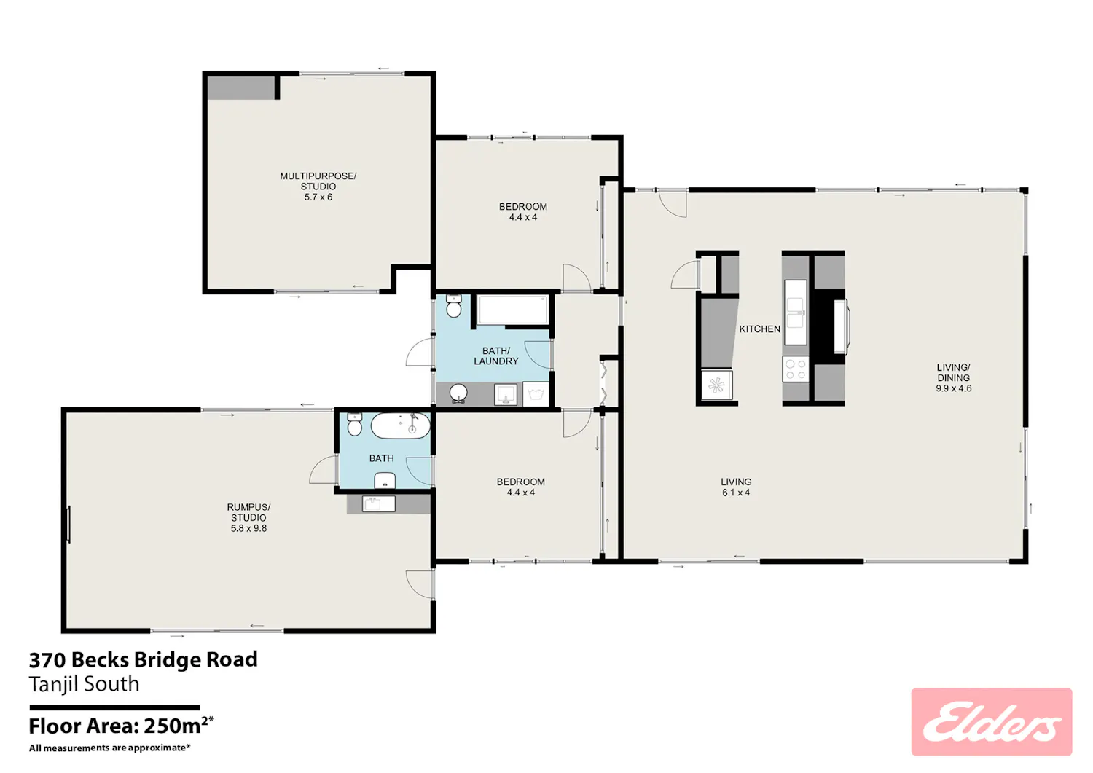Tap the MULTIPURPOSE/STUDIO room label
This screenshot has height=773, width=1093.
click(318, 181)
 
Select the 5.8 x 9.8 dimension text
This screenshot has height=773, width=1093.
click(249, 528)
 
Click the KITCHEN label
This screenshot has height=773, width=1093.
click(759, 329)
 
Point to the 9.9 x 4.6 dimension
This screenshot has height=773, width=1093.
click(953, 388)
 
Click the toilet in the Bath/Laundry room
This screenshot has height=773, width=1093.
click(454, 306)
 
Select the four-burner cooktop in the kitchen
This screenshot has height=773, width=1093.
click(796, 369)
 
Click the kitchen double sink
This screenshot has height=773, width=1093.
click(796, 312)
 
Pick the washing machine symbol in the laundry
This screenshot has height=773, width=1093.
click(536, 393)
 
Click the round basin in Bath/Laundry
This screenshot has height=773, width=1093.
click(458, 393)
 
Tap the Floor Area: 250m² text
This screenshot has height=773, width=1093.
click(122, 726)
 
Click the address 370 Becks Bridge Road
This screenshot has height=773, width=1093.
click(143, 660)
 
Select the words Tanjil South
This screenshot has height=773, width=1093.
click(84, 684)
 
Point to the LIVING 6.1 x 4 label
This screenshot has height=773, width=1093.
click(736, 487)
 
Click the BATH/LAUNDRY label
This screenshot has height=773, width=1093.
click(495, 356)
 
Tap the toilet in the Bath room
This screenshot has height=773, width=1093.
click(354, 424)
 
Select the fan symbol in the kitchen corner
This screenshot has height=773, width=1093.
click(716, 385)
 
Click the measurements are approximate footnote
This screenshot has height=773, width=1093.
click(109, 748)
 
